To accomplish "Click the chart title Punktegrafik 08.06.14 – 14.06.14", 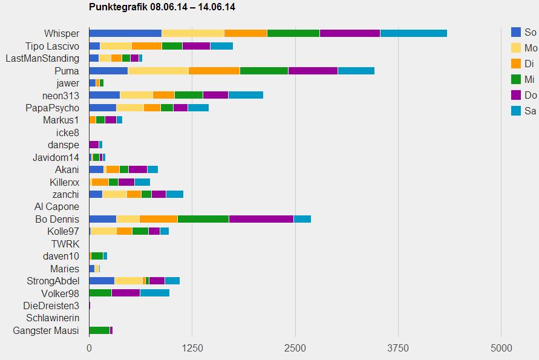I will tap(162, 7).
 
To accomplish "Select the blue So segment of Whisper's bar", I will tap(125, 33).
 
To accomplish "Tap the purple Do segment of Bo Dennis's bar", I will tap(261, 219).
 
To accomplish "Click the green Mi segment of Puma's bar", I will tap(264, 71).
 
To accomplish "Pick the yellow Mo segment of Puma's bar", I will tap(158, 71).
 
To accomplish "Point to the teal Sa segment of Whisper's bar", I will tap(413, 33).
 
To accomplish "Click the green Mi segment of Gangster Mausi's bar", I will tap(99, 330).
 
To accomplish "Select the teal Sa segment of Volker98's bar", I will tap(154, 293).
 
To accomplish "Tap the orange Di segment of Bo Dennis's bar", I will tap(158, 219).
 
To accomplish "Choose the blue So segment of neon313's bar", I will tap(104, 95).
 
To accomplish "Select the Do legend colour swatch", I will tap(516, 95).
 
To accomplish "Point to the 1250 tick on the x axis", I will tap(192, 349).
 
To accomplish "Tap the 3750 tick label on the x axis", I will tap(398, 349).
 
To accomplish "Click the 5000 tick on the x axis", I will tap(501, 349).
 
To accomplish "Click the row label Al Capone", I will tap(57, 207).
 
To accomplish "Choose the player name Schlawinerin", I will tap(53, 318).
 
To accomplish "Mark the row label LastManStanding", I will tap(42, 58).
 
